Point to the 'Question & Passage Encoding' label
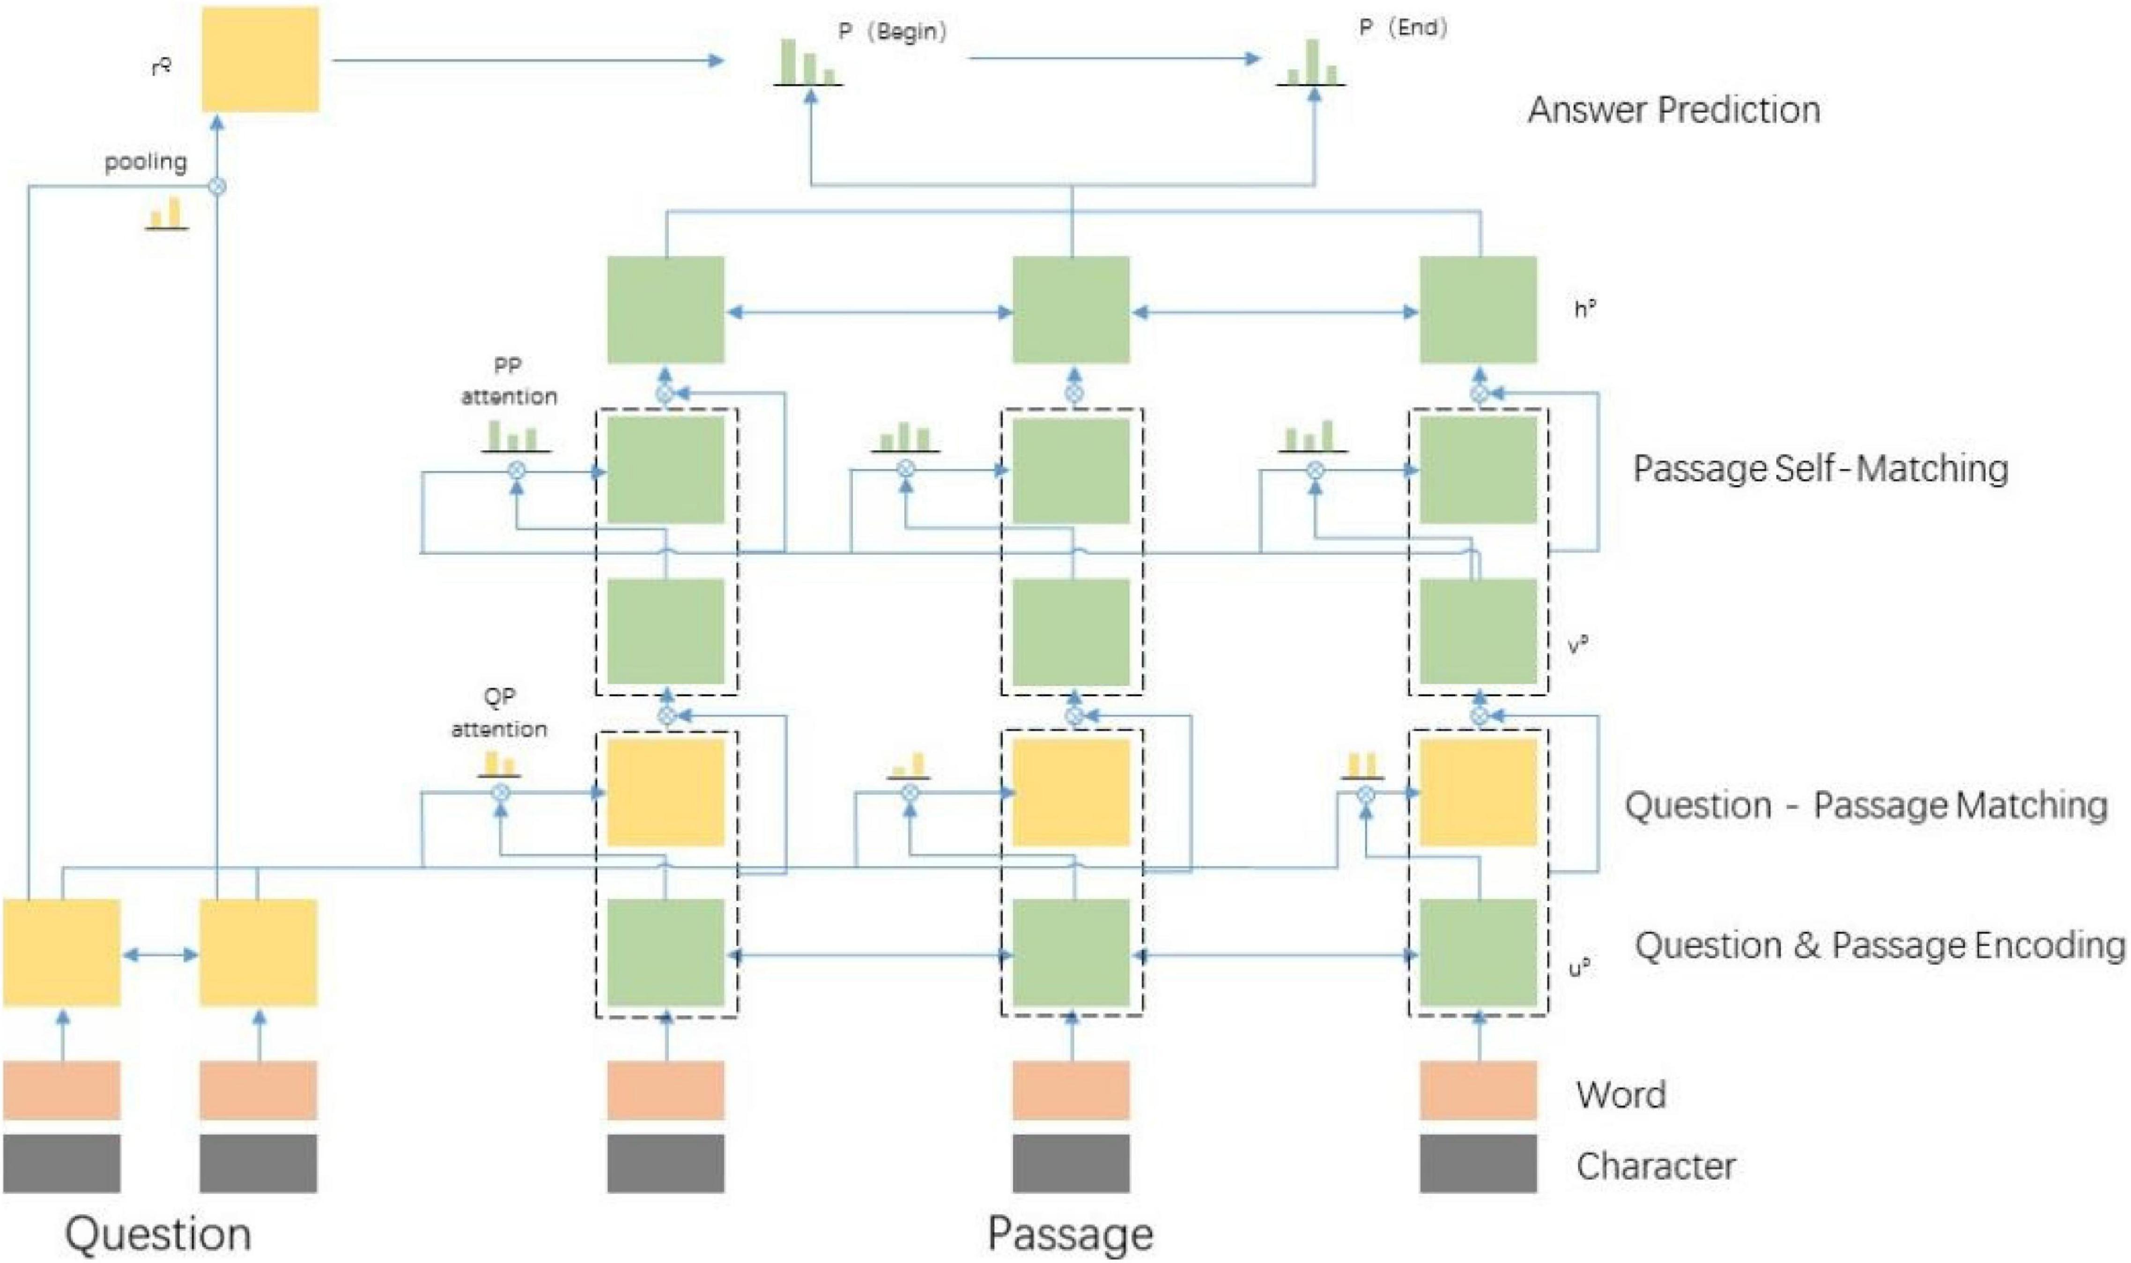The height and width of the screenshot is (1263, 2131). (x=1879, y=945)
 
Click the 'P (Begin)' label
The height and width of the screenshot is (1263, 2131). (x=892, y=32)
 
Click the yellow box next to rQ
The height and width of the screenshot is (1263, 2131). (x=260, y=59)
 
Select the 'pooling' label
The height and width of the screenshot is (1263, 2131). (x=146, y=162)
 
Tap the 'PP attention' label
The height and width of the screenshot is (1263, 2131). (x=509, y=381)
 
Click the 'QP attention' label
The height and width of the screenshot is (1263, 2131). (x=499, y=713)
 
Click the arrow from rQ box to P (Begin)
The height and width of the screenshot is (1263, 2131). (x=527, y=60)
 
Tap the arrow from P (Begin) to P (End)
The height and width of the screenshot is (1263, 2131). (x=1114, y=59)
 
